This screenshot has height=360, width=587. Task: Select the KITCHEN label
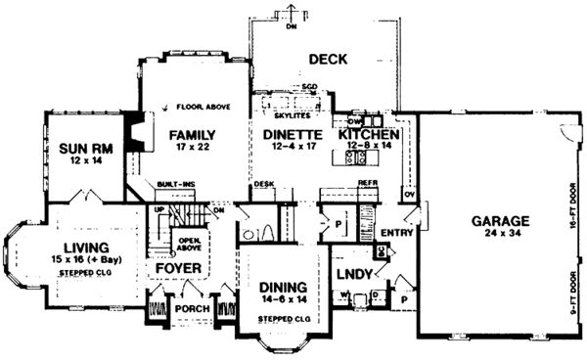(x=368, y=135)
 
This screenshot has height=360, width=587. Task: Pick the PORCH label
(x=192, y=309)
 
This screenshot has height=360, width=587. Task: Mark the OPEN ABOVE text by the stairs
(x=188, y=241)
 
